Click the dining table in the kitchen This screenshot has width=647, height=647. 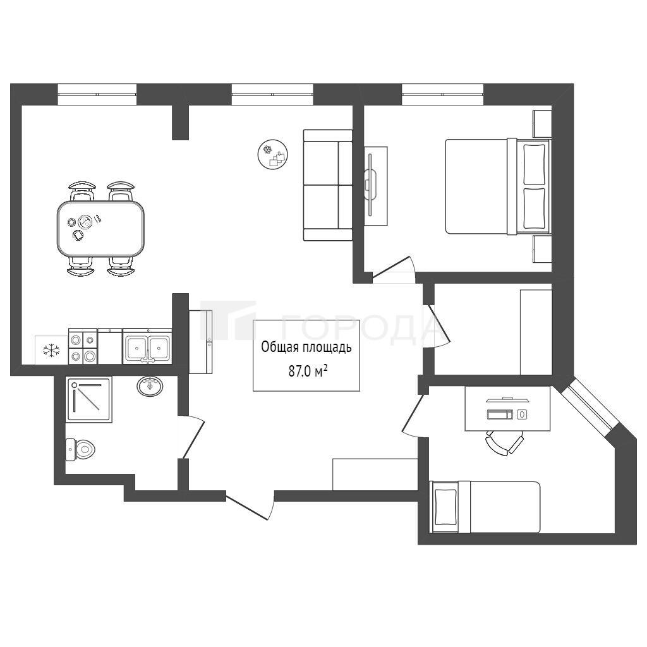point(100,227)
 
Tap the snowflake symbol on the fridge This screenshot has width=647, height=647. point(51,350)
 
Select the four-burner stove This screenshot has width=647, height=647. point(83,346)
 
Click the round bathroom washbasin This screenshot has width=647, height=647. point(150,386)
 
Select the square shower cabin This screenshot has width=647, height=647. point(88,399)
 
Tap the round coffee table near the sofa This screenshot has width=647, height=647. point(272,154)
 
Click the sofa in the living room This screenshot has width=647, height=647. point(328,185)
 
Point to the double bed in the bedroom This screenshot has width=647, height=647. point(498,186)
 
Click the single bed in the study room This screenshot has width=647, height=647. point(485,507)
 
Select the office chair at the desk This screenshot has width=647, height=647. point(504,442)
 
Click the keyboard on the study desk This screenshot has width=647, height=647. point(500,414)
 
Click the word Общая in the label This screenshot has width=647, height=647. point(279,348)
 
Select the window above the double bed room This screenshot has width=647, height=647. point(443,94)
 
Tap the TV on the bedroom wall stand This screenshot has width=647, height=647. point(370,184)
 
